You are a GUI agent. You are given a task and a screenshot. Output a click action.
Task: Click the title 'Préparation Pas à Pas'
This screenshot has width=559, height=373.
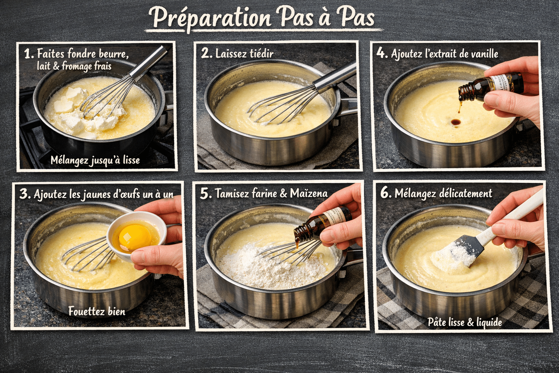[x=262, y=17]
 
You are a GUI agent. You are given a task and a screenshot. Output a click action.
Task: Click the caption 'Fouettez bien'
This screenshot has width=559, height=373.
[x=97, y=311]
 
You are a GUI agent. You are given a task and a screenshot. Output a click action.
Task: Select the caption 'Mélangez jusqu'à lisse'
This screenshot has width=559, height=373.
[x=95, y=160]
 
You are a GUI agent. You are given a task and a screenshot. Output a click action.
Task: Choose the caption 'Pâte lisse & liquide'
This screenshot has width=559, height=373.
[x=465, y=322]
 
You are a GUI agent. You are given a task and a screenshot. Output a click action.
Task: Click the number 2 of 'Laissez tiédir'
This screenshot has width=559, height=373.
[x=206, y=54]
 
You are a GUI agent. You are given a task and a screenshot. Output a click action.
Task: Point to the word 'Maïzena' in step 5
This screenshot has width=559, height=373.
[x=309, y=193]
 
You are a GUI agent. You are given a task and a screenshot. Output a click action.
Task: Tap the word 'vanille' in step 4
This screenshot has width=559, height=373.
[x=484, y=54]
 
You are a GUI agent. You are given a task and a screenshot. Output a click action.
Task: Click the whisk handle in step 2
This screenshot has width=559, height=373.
[x=335, y=78]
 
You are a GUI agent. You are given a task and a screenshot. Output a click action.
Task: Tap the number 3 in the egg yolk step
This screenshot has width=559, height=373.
[x=24, y=194]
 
